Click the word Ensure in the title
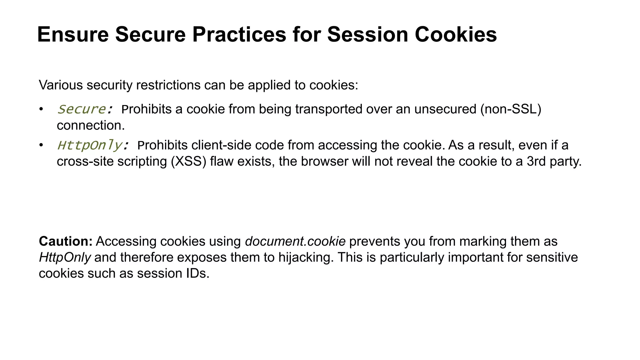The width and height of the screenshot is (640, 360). pos(73,34)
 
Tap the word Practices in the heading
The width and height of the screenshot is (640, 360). pos(239,34)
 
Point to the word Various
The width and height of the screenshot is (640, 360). pos(61,85)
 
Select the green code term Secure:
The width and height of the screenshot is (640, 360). pos(85,109)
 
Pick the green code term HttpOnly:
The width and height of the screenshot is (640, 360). pos(93,145)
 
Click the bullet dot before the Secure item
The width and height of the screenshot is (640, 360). pos(41,109)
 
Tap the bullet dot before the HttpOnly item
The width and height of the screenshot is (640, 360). pos(41,145)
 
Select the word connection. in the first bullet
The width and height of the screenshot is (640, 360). pos(91,126)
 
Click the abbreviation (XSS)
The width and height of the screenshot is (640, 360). pos(189,162)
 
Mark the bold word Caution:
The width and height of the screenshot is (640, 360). pos(66,242)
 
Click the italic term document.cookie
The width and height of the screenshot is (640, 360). pos(295,242)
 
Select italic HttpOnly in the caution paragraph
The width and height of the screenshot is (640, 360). pos(65,257)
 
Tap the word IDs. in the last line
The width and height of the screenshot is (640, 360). pos(198,273)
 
